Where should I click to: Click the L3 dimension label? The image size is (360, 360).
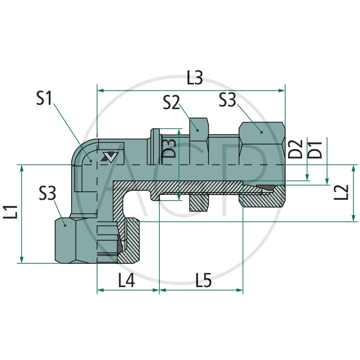[194, 79]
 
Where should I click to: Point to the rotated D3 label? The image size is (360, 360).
[169, 148]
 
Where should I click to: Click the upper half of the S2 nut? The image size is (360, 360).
[198, 128]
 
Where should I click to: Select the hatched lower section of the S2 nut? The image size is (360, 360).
[198, 202]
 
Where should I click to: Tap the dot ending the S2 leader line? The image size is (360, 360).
[198, 130]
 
